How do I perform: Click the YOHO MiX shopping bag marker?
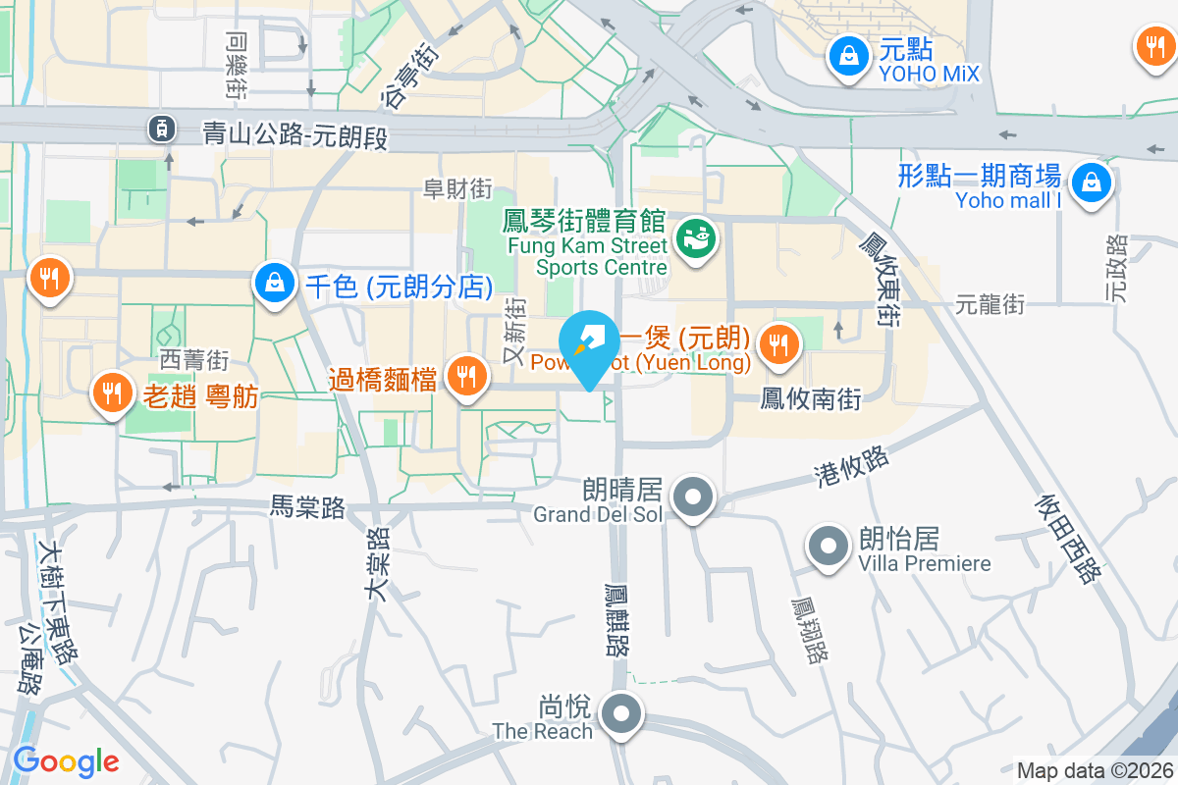tap(847, 57)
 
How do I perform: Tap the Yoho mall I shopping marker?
tap(1090, 183)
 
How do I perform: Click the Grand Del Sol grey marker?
tap(694, 497)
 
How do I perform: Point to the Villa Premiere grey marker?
tap(829, 546)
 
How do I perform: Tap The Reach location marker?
tap(621, 714)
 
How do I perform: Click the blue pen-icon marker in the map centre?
tap(589, 345)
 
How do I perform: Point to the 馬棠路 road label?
tap(308, 507)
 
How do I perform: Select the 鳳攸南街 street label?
tap(811, 399)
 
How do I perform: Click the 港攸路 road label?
tap(851, 466)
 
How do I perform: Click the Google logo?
tap(66, 761)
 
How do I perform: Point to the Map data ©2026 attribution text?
tap(1095, 771)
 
